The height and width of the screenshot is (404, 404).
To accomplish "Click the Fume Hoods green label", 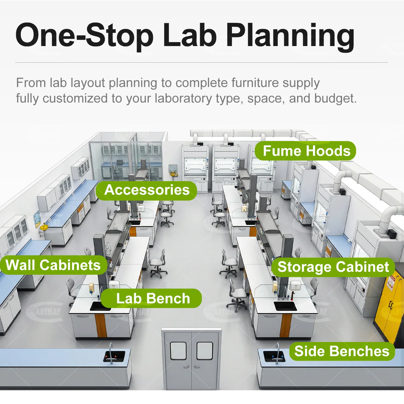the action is tap(305, 151).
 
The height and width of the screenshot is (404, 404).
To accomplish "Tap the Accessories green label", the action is tap(147, 190).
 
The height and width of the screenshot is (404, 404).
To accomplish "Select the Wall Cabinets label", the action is tap(53, 265).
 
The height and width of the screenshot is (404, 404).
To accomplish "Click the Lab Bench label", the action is tap(151, 298).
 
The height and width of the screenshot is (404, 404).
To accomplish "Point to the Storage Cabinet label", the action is tap(333, 267).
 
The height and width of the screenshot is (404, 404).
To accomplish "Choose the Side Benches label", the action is tap(342, 351).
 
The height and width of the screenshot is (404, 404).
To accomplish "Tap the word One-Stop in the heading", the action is tap(85, 35).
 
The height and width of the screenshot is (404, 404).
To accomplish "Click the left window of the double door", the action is tap(178, 351).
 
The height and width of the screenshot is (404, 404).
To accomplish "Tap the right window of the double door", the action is tap(205, 351).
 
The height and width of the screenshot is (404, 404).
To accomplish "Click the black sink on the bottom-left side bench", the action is tap(114, 356).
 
